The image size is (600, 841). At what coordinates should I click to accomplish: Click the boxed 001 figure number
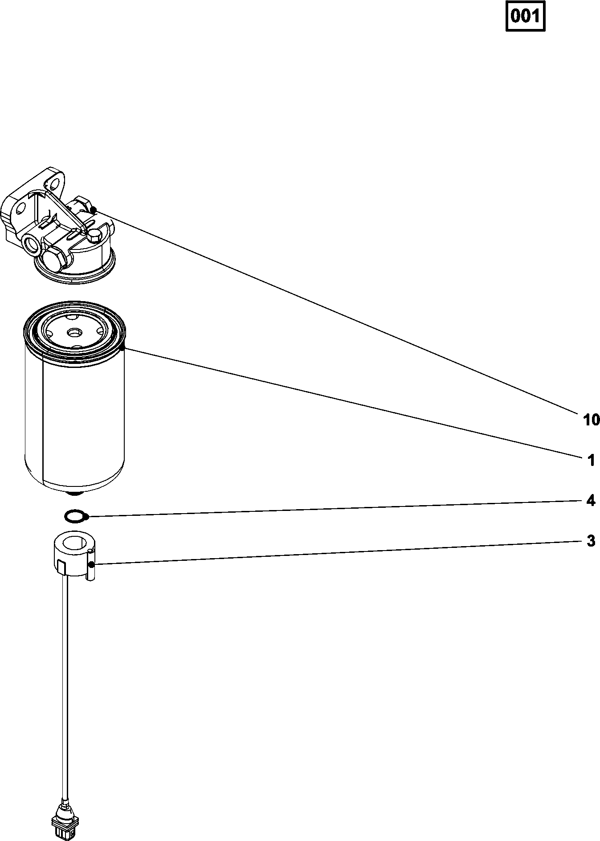[x=526, y=17]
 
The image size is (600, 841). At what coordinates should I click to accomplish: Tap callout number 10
[x=592, y=419]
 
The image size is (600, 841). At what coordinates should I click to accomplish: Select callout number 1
[x=591, y=460]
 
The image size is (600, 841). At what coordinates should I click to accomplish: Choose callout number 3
[x=591, y=541]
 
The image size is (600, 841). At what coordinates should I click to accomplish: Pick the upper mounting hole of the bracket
[x=53, y=182]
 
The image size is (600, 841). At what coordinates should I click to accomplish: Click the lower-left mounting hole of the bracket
[x=20, y=209]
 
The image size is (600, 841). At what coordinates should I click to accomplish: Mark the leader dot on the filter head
[x=93, y=210]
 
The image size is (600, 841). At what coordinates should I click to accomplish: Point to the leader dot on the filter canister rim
[x=124, y=348]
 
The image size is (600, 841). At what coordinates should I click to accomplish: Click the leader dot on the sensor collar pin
[x=91, y=564]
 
